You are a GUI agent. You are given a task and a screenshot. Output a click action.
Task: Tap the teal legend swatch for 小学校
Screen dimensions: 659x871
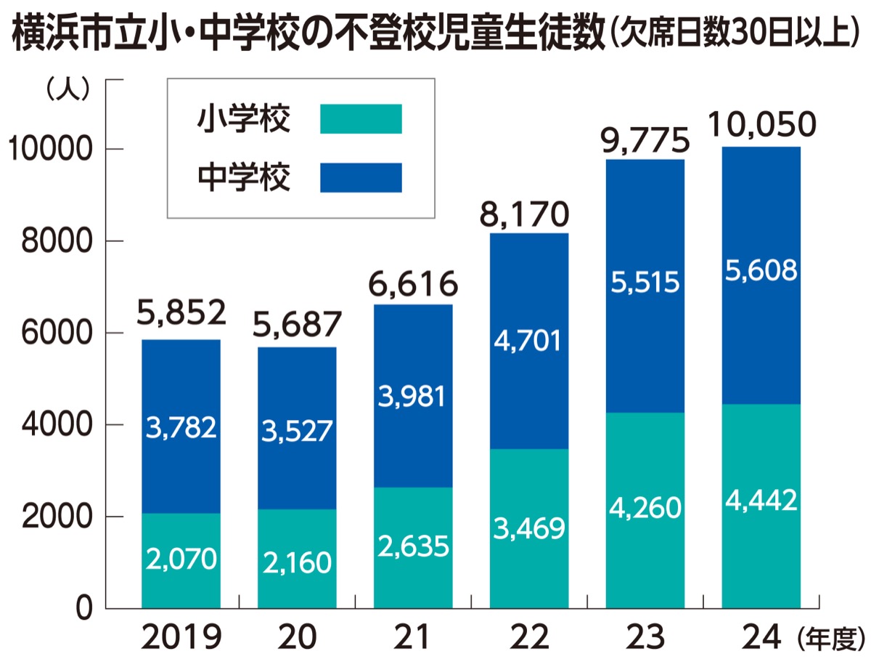pyautogui.click(x=361, y=118)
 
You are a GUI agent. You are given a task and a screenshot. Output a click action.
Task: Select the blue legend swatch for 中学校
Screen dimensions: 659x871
pyautogui.click(x=361, y=177)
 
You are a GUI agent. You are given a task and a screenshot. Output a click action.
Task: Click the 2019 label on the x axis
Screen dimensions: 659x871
pyautogui.click(x=181, y=637)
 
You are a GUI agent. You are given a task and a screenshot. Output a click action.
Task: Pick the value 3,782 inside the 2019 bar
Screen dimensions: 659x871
pyautogui.click(x=181, y=428)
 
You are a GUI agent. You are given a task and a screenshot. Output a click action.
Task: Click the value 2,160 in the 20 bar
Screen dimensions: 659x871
pyautogui.click(x=297, y=562)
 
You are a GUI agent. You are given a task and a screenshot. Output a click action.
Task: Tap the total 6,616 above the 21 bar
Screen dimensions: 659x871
pyautogui.click(x=413, y=283)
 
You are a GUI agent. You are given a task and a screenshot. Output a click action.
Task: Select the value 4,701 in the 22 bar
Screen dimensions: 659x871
pyautogui.click(x=529, y=340)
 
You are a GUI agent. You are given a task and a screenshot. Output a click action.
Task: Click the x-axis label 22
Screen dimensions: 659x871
pyautogui.click(x=529, y=637)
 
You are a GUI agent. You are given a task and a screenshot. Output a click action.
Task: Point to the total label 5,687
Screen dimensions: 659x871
pyautogui.click(x=297, y=326)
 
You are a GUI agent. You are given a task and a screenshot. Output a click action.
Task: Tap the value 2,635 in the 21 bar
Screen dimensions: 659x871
pyautogui.click(x=413, y=546)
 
